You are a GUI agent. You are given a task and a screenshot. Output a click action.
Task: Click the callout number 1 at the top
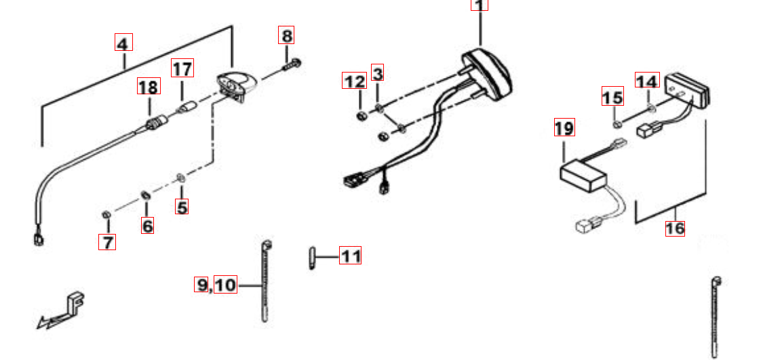(x=480, y=5)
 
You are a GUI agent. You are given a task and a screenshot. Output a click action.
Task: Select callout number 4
(x=123, y=44)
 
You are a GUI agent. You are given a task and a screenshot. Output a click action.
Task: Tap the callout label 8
(x=288, y=35)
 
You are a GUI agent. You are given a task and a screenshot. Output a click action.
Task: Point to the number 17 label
(x=182, y=68)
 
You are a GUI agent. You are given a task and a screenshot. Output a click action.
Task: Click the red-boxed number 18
(x=148, y=87)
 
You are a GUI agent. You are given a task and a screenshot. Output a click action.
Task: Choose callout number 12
(x=354, y=81)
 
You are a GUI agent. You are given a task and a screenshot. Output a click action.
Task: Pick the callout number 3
(x=378, y=73)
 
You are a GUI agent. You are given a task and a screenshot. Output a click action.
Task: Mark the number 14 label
(x=647, y=81)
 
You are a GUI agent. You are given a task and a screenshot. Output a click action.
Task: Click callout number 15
(x=612, y=98)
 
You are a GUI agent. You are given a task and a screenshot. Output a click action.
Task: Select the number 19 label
(x=564, y=127)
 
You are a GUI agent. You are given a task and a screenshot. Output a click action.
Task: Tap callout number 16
(x=675, y=228)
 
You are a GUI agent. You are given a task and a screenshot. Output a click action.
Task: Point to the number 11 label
(x=351, y=256)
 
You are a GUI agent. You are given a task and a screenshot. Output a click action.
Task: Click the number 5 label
(x=182, y=207)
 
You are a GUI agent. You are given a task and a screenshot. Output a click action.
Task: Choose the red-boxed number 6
(x=147, y=226)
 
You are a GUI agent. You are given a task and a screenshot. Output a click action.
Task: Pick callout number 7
(x=106, y=241)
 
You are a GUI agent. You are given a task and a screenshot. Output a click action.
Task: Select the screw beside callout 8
(x=290, y=66)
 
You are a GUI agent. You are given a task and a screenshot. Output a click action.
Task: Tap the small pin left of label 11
(x=311, y=258)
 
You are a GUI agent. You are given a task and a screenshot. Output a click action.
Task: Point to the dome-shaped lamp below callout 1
(x=487, y=72)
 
